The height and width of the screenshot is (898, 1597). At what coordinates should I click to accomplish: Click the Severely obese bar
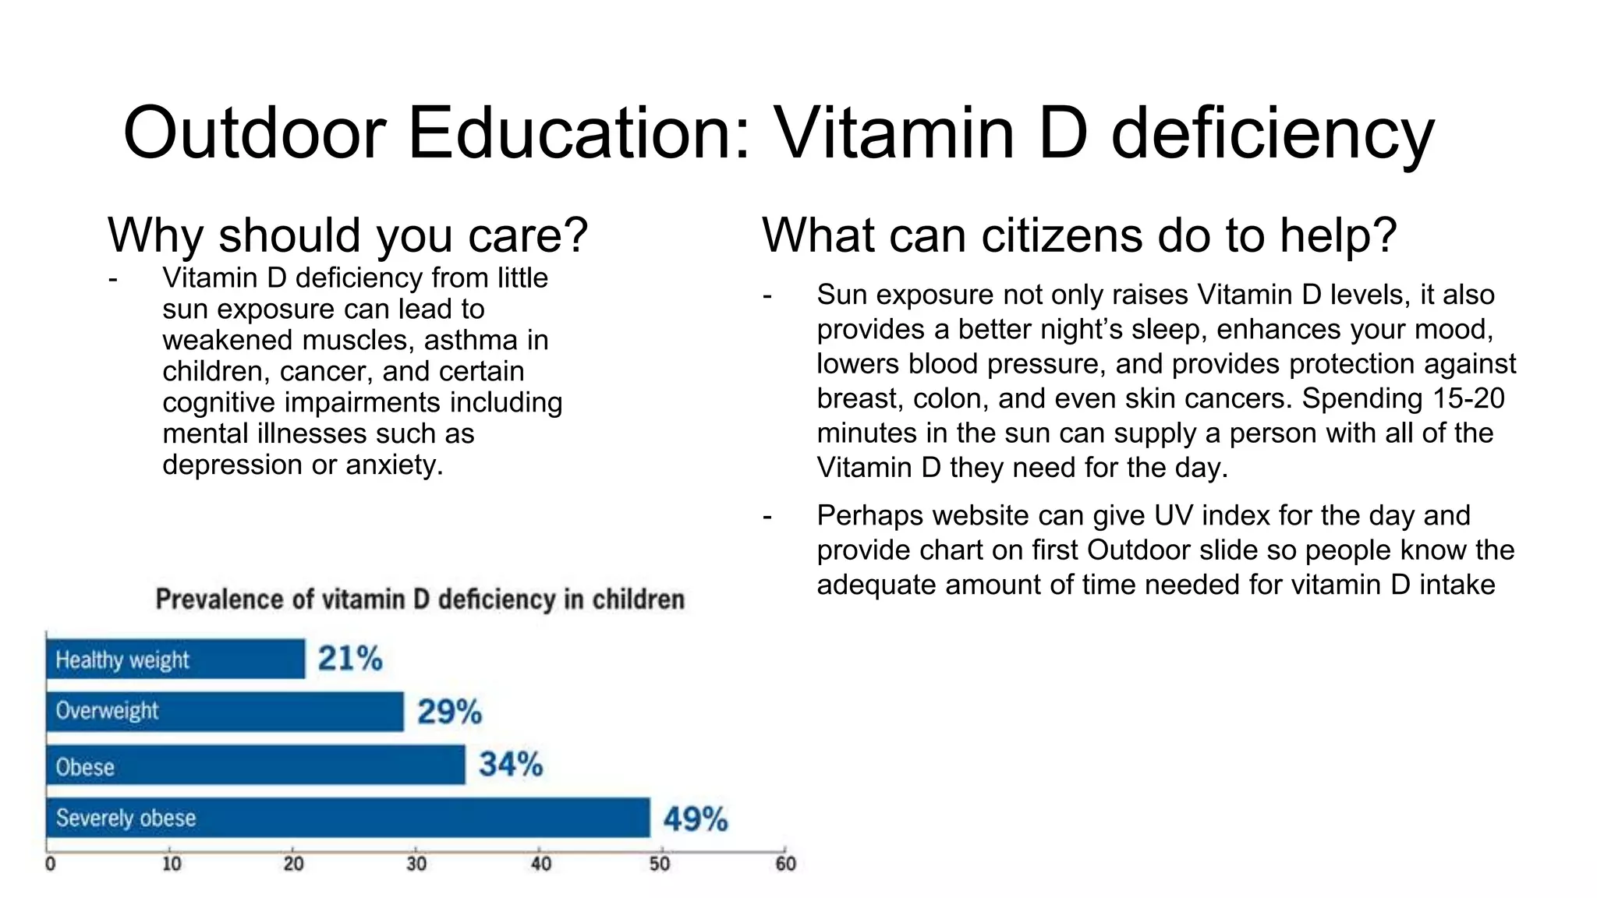point(347,818)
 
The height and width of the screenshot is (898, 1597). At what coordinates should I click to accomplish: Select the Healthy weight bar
point(175,659)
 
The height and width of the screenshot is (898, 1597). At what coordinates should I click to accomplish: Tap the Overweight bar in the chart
point(225,711)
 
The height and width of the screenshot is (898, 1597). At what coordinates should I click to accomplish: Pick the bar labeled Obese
point(255,765)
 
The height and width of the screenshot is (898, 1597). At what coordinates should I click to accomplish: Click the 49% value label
point(695,819)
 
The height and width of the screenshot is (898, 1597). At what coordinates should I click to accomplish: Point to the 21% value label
point(349,659)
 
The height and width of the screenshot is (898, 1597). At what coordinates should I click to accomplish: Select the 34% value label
point(511,764)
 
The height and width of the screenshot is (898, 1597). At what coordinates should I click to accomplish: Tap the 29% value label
point(449,712)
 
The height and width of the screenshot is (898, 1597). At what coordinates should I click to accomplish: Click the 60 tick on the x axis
point(785,864)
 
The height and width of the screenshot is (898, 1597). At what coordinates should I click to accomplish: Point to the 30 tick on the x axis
point(416,864)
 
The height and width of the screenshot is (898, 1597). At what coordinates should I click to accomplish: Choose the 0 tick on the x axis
point(51,864)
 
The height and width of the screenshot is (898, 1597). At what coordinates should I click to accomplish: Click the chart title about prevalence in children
point(420,599)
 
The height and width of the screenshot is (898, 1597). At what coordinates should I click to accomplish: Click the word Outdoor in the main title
point(254,133)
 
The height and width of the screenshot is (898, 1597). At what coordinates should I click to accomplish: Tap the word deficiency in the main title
point(1272,133)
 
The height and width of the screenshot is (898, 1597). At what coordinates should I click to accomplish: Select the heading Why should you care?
point(347,235)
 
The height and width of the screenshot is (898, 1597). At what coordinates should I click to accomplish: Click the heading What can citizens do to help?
point(1078,235)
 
